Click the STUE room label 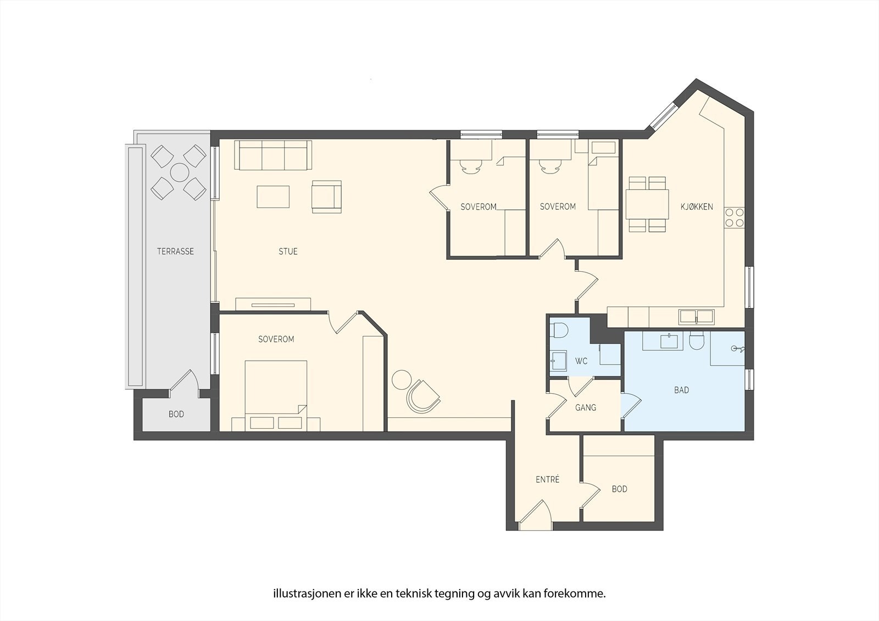pyautogui.click(x=288, y=251)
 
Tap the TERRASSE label pyautogui.click(x=175, y=251)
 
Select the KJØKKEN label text pyautogui.click(x=697, y=207)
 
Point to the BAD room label pyautogui.click(x=682, y=390)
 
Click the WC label pyautogui.click(x=581, y=361)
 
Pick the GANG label pyautogui.click(x=586, y=407)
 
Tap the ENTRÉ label pyautogui.click(x=547, y=479)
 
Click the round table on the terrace pyautogui.click(x=180, y=172)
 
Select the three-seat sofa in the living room pyautogui.click(x=273, y=155)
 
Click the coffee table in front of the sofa pyautogui.click(x=273, y=197)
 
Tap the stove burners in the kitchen pyautogui.click(x=734, y=218)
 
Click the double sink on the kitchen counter pyautogui.click(x=697, y=317)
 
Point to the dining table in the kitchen pyautogui.click(x=647, y=204)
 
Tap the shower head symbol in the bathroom pyautogui.click(x=737, y=349)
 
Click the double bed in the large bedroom pyautogui.click(x=276, y=396)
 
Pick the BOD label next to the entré pyautogui.click(x=619, y=489)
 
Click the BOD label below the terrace pyautogui.click(x=176, y=414)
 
